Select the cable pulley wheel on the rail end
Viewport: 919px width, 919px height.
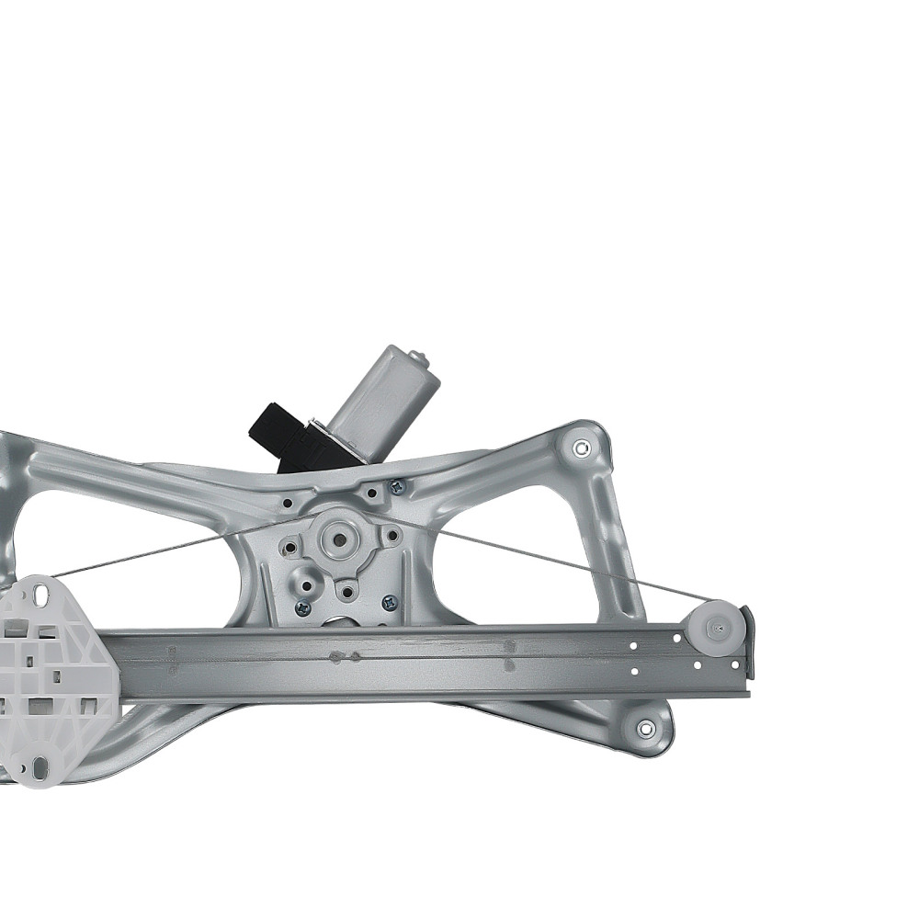pyautogui.click(x=714, y=628)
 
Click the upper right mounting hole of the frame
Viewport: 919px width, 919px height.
pyautogui.click(x=581, y=448)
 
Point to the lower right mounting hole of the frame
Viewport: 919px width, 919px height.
pyautogui.click(x=645, y=729)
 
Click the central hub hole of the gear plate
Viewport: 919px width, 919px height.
pyautogui.click(x=340, y=539)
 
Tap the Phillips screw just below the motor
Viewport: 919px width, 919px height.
pyautogui.click(x=396, y=487)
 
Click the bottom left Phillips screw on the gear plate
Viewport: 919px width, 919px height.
pyautogui.click(x=302, y=607)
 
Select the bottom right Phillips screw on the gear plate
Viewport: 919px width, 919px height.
pyautogui.click(x=388, y=604)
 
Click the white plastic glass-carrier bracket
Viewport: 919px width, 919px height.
pyautogui.click(x=55, y=680)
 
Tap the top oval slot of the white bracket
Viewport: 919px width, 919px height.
pyautogui.click(x=41, y=595)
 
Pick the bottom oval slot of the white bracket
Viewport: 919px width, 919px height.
pyautogui.click(x=37, y=763)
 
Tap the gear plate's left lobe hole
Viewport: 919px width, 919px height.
pyautogui.click(x=290, y=549)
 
